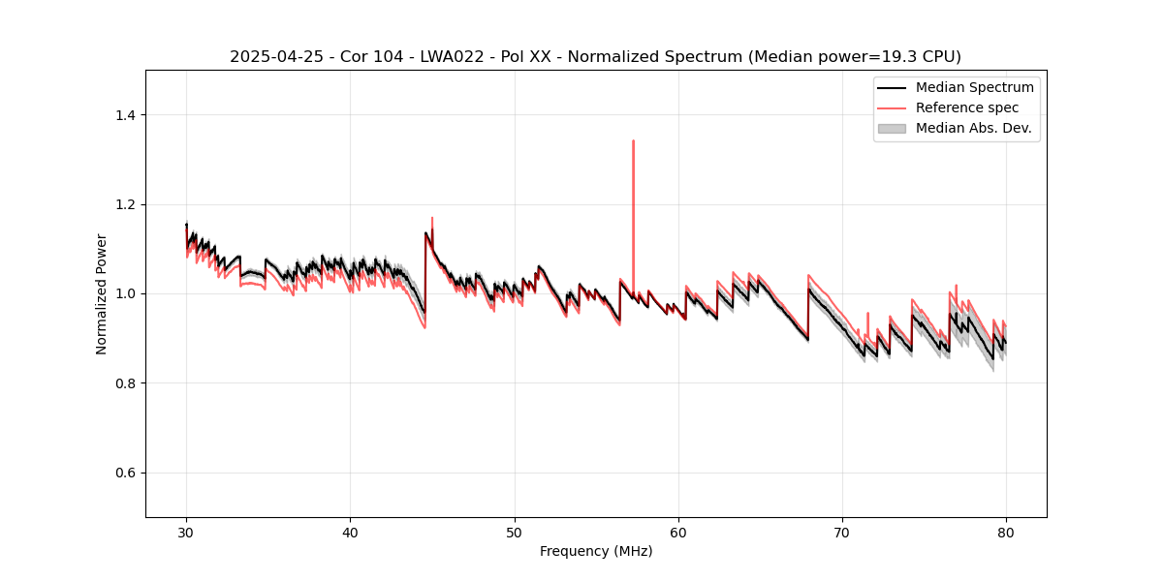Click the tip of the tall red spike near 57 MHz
coord(633,141)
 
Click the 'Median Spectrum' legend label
coord(974,88)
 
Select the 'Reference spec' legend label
coord(966,107)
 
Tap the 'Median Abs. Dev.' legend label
coord(973,128)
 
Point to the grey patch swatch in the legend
coord(892,128)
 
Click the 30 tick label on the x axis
coord(187,533)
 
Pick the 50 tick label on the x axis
coord(515,533)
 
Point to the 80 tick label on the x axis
coord(1006,533)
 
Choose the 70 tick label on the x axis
coord(842,533)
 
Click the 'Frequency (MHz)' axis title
coord(596,552)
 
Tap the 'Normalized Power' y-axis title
coord(102,293)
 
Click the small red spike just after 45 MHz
coord(432,218)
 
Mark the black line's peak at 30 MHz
coord(187,225)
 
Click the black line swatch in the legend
coord(892,88)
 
